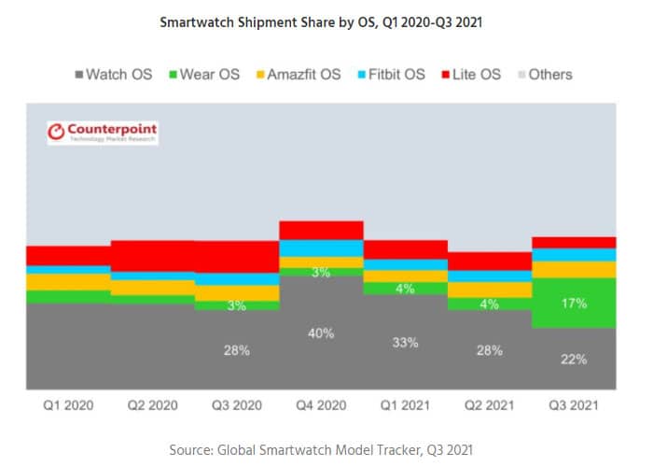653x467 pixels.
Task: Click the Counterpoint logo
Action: [103, 133]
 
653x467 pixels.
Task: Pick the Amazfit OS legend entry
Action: [298, 74]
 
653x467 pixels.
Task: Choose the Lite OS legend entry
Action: [477, 74]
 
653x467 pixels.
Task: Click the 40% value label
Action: [321, 333]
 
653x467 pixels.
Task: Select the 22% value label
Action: [575, 359]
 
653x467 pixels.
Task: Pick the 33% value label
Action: [406, 343]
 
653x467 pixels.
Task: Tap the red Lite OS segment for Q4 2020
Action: [321, 230]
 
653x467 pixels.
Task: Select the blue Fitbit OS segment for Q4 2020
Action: [321, 248]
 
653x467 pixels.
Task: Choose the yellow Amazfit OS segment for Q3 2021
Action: [574, 270]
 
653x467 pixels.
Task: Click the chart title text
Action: [326, 21]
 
